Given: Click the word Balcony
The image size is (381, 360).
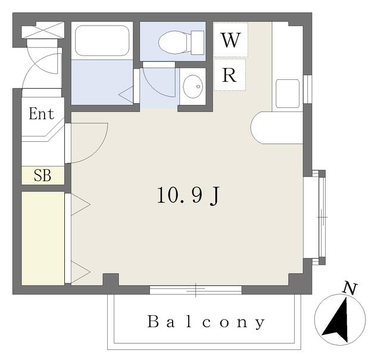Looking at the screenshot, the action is tap(206, 322).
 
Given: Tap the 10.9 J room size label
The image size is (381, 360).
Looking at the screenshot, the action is tap(188, 195).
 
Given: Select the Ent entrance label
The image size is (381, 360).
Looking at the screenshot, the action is tap(41, 113).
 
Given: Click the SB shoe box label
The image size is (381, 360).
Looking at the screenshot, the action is tap(42, 175).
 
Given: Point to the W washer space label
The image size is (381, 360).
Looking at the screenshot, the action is tap(231, 40).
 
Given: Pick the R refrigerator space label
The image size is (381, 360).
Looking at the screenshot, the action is tap(229, 75).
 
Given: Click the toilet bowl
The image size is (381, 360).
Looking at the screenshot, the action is tap(181, 42).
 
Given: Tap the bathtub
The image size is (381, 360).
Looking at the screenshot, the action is tap(102, 41).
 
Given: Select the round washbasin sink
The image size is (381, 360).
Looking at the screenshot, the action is tap(193, 86).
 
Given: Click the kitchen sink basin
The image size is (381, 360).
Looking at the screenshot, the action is tap(288, 94).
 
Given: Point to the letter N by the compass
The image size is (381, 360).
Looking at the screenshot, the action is tap(350, 289).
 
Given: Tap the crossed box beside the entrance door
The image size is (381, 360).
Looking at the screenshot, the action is tap(43, 30).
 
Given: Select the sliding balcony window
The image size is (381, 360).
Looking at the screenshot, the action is tap(196, 290).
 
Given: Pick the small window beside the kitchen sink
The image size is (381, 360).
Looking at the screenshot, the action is tap(308, 89).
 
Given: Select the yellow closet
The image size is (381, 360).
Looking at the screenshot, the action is tap(43, 238).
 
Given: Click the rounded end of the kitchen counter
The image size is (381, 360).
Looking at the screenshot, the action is tap(255, 128).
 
